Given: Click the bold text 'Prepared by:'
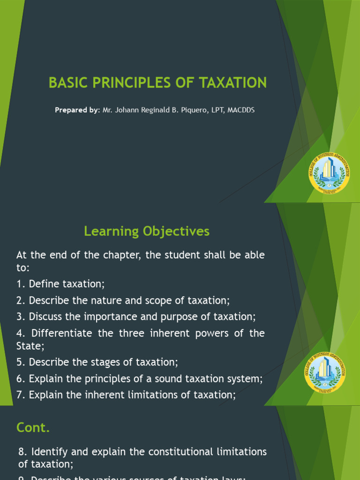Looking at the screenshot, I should pyautogui.click(x=77, y=110).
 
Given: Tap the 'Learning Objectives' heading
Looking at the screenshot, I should pyautogui.click(x=147, y=231).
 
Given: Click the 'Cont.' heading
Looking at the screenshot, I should pyautogui.click(x=33, y=427).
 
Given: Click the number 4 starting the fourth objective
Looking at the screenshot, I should pyautogui.click(x=20, y=333).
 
